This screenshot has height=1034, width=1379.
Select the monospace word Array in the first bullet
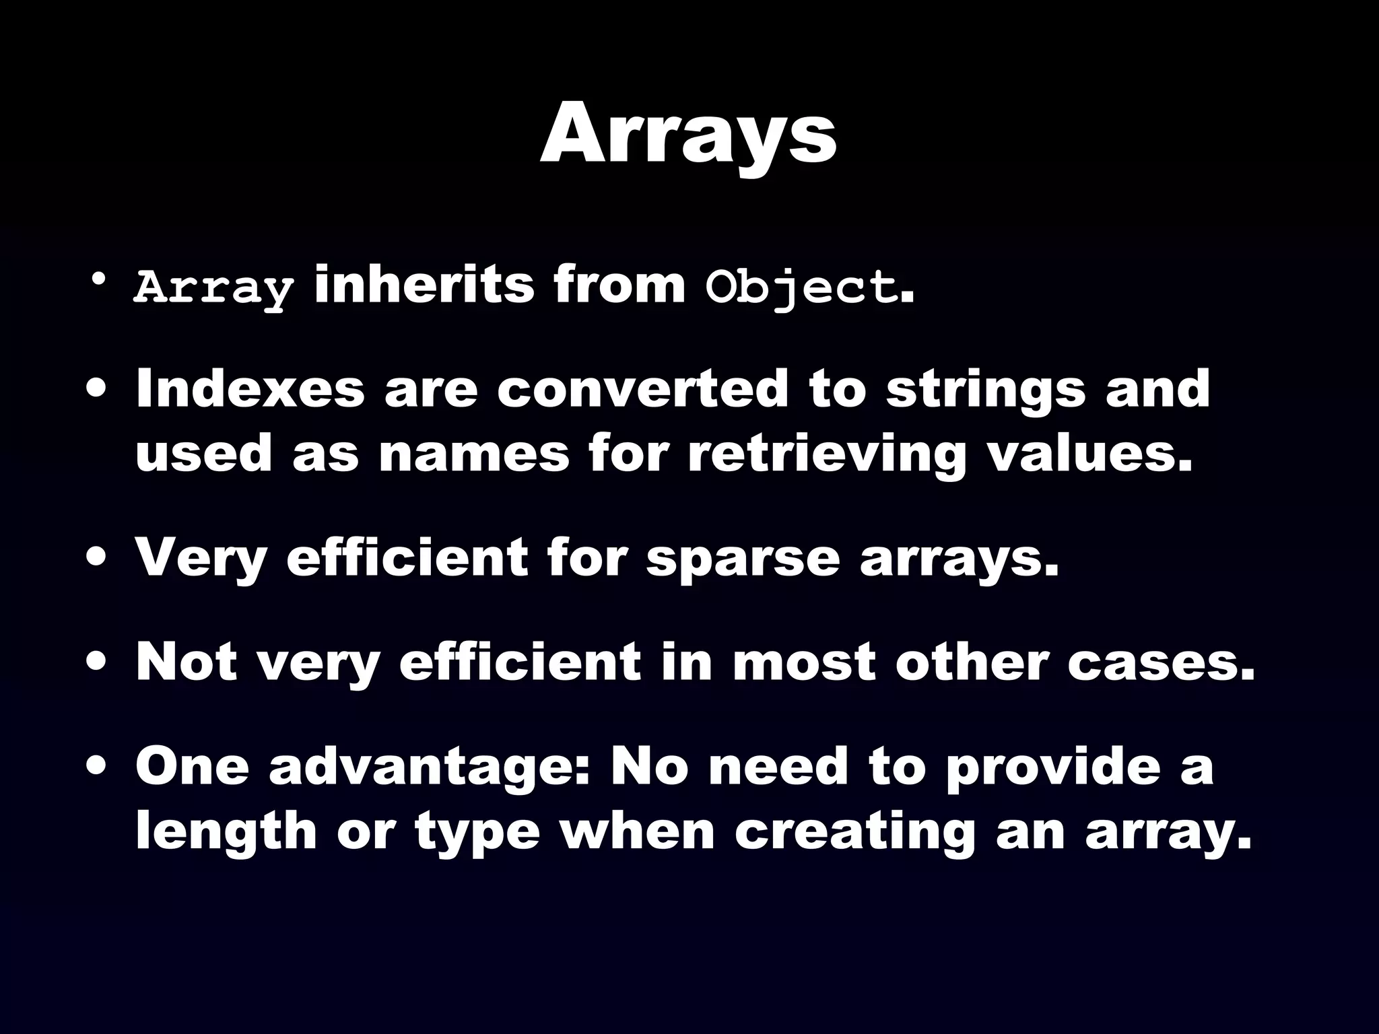point(214,288)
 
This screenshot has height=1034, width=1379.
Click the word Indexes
point(250,389)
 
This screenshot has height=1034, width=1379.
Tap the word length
point(226,832)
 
